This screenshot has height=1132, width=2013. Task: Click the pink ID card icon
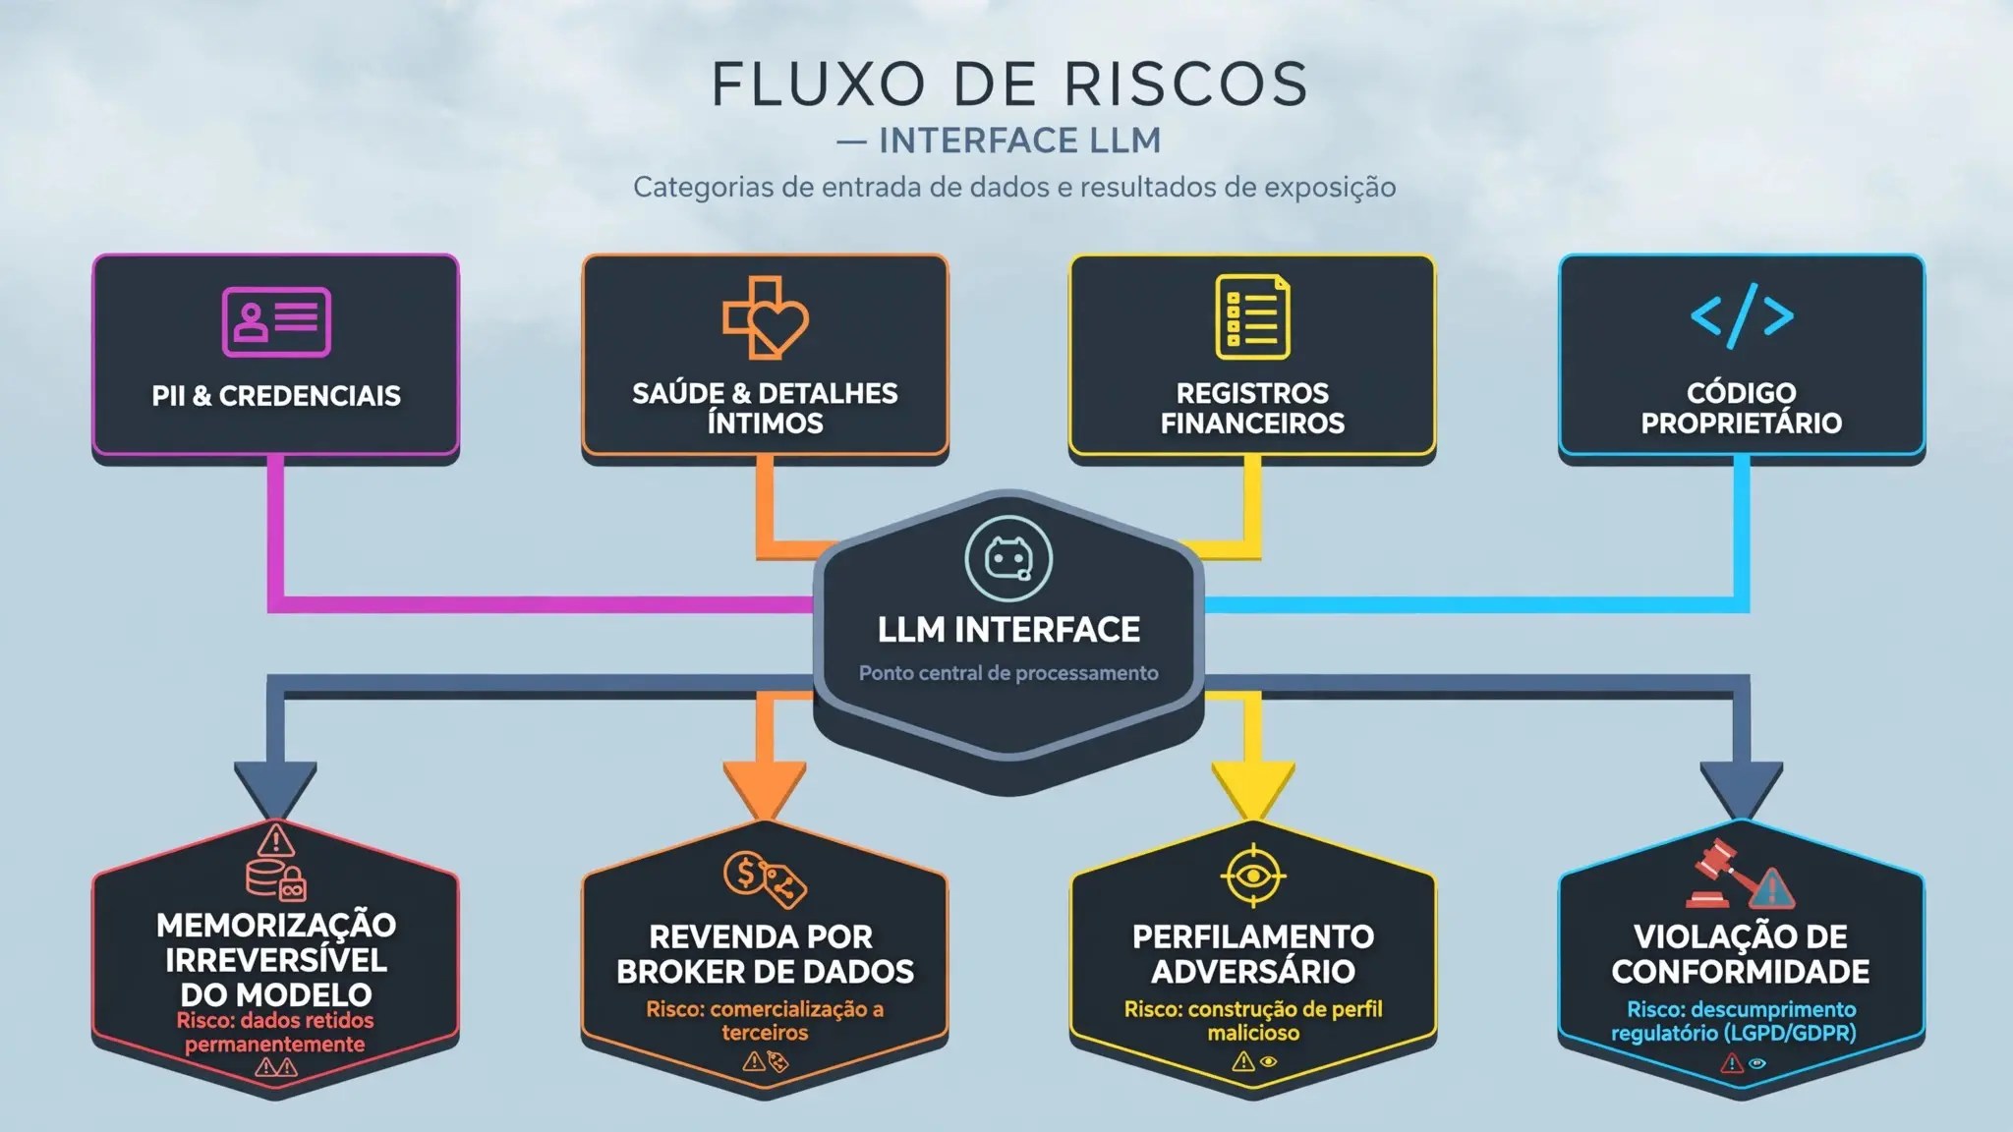(276, 321)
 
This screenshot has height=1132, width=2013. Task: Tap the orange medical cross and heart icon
(765, 317)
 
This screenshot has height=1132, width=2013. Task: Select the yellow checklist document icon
(1252, 317)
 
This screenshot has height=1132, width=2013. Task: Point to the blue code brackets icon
(1742, 315)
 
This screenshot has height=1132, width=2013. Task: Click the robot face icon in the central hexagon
(1008, 558)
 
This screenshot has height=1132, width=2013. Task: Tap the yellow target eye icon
(1253, 875)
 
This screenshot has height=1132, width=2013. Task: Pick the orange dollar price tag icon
(765, 877)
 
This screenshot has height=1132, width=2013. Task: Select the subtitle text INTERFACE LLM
(1020, 141)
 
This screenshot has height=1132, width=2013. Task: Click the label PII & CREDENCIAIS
(276, 396)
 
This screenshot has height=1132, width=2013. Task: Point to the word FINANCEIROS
(1252, 424)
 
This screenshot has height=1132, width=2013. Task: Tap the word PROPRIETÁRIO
(1741, 424)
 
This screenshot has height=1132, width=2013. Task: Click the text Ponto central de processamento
(1008, 673)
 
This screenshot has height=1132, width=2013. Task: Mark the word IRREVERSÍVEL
(276, 960)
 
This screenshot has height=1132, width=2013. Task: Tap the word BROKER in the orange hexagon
(686, 972)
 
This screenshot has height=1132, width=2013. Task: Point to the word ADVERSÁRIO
(1253, 972)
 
